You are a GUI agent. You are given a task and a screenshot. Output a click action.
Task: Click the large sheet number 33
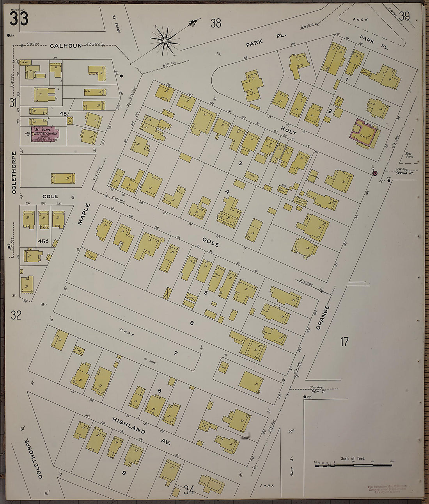tap(19, 18)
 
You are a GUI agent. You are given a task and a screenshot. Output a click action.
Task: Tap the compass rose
tap(165, 40)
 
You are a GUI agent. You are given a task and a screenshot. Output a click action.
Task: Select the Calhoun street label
tap(66, 46)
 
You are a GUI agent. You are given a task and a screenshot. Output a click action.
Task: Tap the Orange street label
tap(323, 317)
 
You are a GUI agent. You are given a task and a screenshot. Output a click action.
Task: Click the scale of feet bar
tap(353, 465)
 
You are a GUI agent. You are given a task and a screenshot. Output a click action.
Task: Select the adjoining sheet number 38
tap(216, 23)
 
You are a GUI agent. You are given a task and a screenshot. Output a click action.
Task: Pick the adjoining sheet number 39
tap(404, 16)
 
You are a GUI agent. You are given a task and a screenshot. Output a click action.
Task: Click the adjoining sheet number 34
tap(189, 490)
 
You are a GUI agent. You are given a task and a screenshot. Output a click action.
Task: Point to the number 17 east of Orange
tap(344, 342)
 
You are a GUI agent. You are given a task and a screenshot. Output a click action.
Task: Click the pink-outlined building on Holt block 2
tap(365, 134)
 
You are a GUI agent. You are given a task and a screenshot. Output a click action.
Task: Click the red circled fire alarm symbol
tap(375, 173)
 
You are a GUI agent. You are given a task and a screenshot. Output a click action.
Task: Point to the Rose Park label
tap(409, 155)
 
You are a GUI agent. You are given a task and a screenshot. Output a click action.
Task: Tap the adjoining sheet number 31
tap(13, 103)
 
